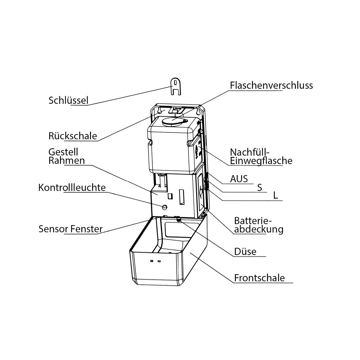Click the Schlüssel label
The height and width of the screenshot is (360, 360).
coord(68,100)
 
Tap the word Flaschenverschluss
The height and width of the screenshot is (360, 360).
coord(271,85)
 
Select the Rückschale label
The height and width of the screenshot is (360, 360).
coord(73,136)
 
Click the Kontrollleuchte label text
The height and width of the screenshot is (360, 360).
coord(72,187)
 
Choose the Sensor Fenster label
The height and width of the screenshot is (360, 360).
coord(70,229)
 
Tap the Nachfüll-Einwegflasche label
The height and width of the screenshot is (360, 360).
coord(261,156)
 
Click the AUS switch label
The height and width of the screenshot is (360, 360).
coord(239,179)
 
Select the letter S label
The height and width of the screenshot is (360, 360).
coord(260,188)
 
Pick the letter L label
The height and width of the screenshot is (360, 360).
coord(276,196)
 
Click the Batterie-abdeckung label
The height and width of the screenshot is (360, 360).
coord(259,225)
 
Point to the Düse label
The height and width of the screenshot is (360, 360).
coord(245,251)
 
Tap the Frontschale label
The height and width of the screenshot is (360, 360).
coord(259,278)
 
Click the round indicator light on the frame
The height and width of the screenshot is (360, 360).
coord(164,207)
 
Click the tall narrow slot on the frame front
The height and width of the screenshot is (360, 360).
coord(181,196)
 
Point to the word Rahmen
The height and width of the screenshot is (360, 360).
coord(67,160)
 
